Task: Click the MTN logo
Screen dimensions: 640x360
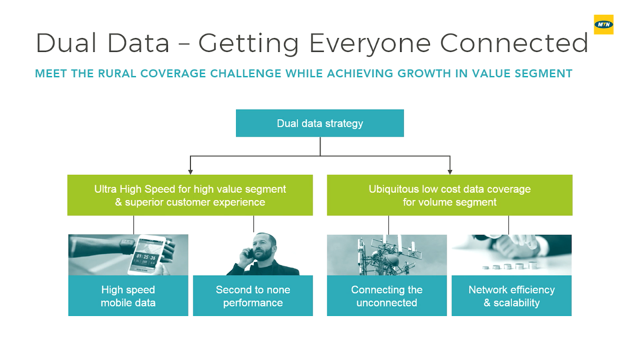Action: pos(604,24)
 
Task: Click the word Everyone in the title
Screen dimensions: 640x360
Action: pos(370,44)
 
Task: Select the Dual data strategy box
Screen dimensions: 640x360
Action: pos(320,123)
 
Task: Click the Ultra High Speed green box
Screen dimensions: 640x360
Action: pos(190,195)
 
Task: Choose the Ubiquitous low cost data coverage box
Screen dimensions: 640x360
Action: pos(450,195)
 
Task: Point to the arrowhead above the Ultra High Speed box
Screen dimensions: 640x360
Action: pos(190,172)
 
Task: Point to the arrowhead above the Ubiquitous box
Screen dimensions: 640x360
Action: pos(450,172)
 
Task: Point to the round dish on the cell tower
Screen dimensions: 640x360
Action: pos(392,260)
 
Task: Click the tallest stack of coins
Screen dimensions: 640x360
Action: pos(532,265)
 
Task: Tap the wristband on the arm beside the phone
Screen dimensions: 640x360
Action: pos(126,246)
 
